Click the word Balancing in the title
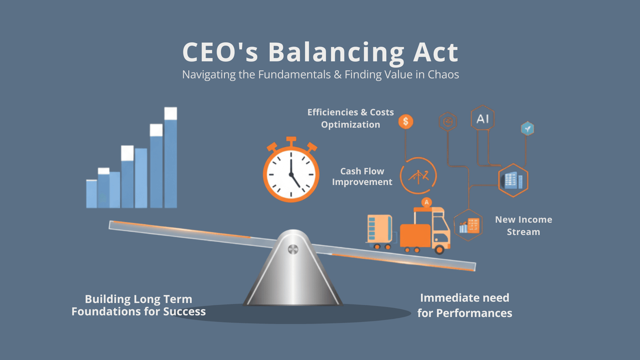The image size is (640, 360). click(x=336, y=53)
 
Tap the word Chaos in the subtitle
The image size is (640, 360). click(x=443, y=74)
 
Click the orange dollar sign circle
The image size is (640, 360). click(x=406, y=121)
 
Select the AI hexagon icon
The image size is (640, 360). click(x=482, y=118)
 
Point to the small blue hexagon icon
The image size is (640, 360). click(x=527, y=128)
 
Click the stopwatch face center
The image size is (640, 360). click(x=291, y=174)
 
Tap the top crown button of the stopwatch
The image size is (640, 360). click(x=291, y=139)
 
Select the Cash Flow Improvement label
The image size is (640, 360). click(x=362, y=176)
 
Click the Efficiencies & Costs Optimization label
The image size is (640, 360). click(x=351, y=118)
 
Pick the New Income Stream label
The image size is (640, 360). click(x=524, y=226)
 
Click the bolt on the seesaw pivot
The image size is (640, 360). click(x=293, y=249)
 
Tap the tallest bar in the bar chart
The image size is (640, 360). click(x=171, y=158)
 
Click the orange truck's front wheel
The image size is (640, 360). click(x=439, y=249)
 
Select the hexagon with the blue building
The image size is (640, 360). click(x=513, y=180)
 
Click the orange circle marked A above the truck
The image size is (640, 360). click(x=427, y=202)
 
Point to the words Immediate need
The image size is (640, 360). click(x=465, y=298)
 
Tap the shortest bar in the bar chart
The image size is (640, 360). click(x=92, y=194)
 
